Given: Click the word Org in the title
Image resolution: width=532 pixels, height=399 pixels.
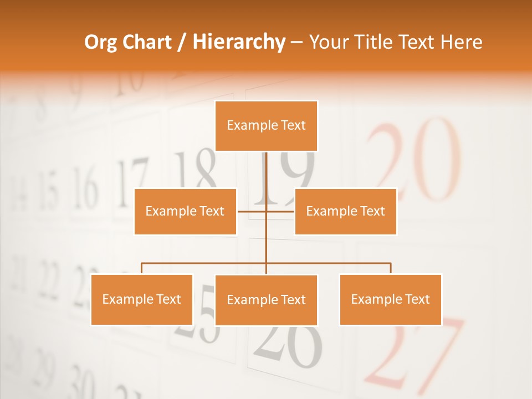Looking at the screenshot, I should (101, 42).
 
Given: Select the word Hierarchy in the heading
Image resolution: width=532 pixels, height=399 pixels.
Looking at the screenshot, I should (238, 42).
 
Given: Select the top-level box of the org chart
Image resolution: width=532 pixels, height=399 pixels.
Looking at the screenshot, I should (266, 126).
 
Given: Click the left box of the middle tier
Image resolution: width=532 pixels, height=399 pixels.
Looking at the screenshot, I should (185, 211).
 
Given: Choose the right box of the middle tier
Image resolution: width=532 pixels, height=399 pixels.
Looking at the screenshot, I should (345, 211).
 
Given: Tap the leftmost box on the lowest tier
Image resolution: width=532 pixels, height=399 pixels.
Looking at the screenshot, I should (142, 299).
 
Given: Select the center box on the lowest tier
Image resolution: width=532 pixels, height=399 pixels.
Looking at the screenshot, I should (266, 300).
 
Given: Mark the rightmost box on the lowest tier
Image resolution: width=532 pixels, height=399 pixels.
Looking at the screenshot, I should (390, 299).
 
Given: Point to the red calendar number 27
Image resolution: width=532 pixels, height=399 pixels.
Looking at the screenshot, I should (416, 355).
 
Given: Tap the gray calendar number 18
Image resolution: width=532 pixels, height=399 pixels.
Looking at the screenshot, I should (195, 169).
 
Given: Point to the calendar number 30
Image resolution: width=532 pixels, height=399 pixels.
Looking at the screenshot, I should (80, 382).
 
